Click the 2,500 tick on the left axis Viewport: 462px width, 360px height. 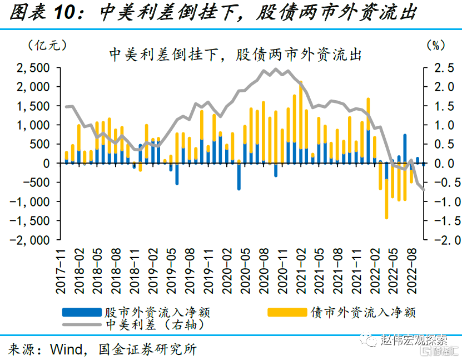(35, 68)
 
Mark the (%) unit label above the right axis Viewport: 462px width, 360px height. (434, 44)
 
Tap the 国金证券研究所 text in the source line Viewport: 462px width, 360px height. (147, 349)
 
